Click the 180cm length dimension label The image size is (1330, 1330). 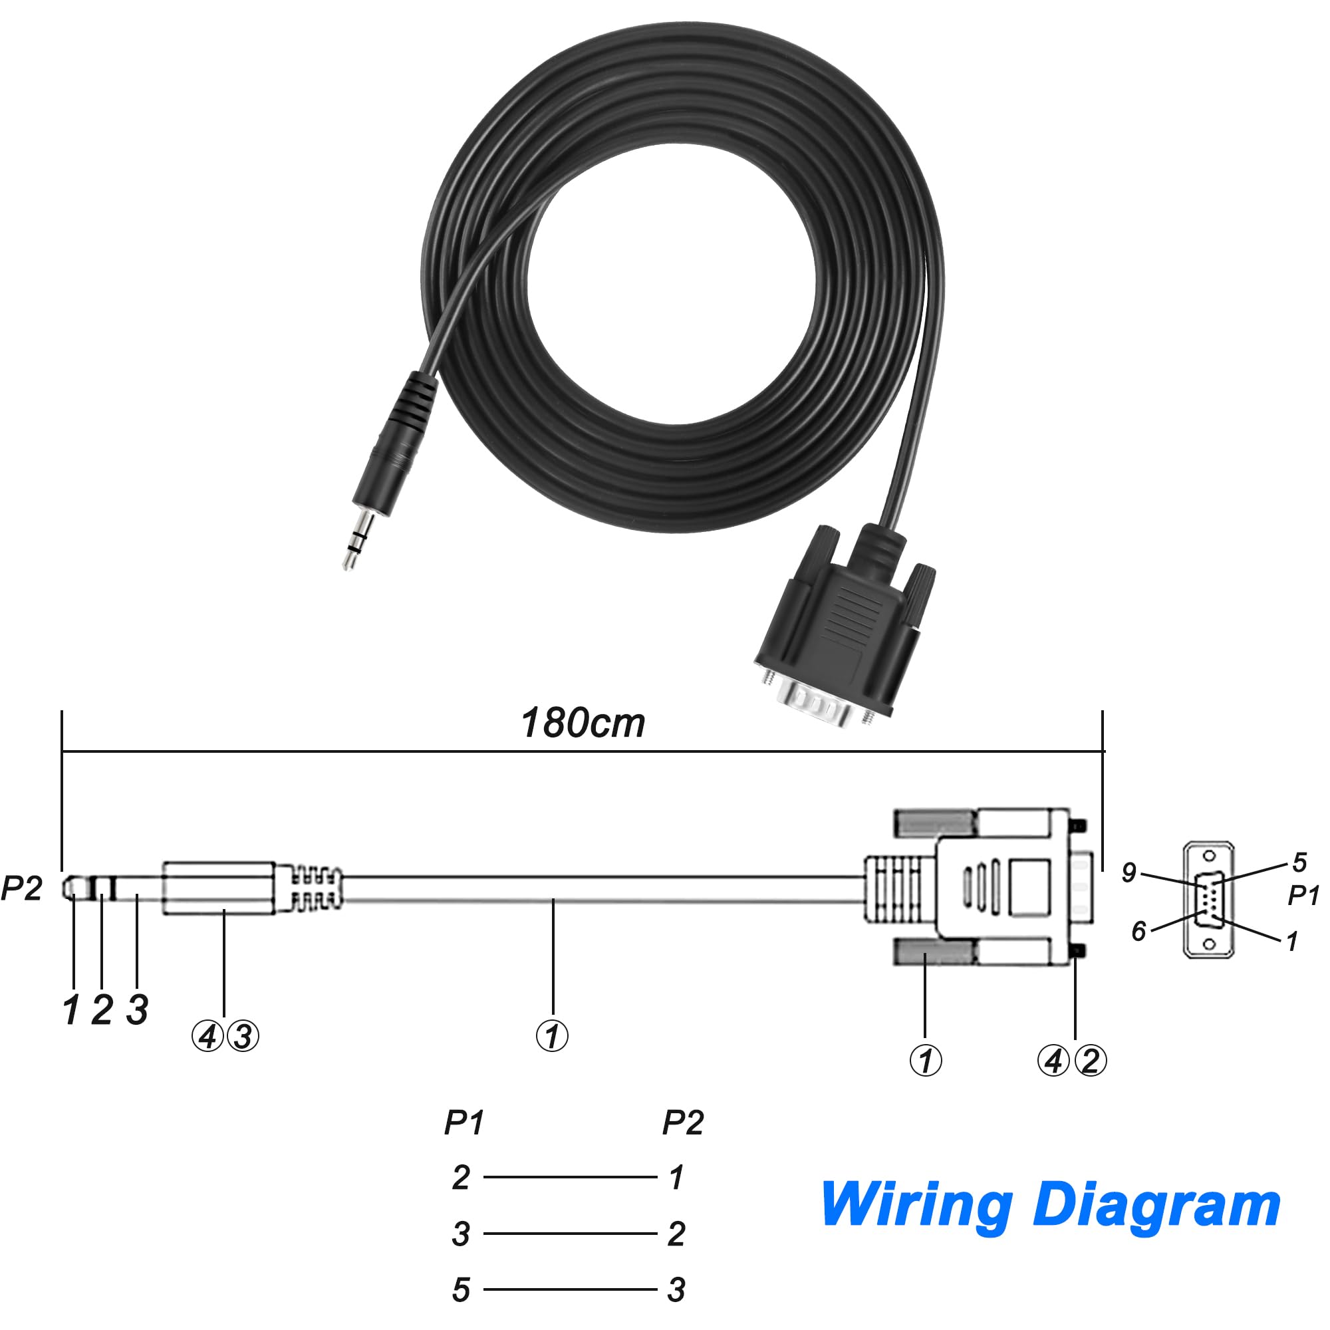click(x=583, y=723)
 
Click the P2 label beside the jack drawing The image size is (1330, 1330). click(x=21, y=888)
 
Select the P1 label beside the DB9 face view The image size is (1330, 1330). click(x=1303, y=896)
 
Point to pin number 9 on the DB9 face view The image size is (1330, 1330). click(x=1129, y=872)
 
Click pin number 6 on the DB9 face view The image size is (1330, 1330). click(x=1138, y=931)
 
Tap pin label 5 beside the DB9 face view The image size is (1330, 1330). click(x=1299, y=862)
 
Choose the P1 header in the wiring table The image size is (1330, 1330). click(x=464, y=1123)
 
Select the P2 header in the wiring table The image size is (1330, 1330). click(x=683, y=1123)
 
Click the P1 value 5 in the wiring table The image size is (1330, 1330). click(x=462, y=1290)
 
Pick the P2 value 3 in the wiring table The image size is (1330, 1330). click(x=676, y=1290)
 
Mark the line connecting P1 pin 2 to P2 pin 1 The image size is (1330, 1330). click(x=570, y=1177)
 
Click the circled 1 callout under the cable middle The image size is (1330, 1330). click(x=552, y=1036)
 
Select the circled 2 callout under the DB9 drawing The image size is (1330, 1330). click(x=1090, y=1061)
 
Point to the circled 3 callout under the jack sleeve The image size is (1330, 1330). click(x=243, y=1036)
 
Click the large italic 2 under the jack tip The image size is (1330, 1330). click(x=102, y=1010)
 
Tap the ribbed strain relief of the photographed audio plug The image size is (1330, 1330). click(x=411, y=398)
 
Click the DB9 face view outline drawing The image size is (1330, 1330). click(x=1209, y=900)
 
